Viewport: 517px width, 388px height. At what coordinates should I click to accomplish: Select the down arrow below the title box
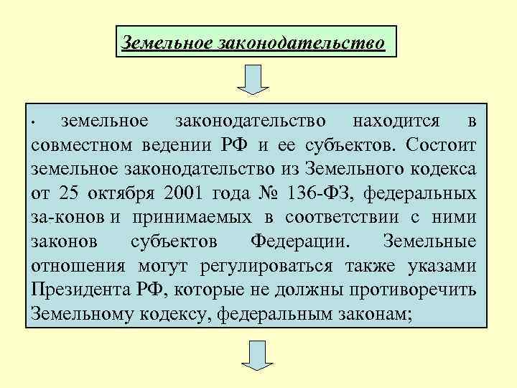coord(253,79)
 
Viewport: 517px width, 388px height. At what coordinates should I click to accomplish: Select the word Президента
coord(80,290)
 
